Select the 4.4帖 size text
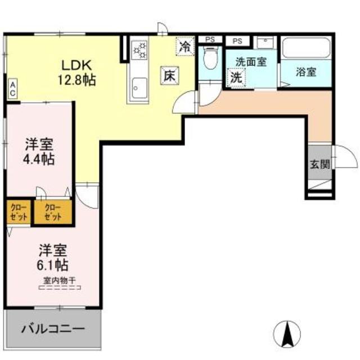pyautogui.click(x=39, y=159)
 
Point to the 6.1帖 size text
pyautogui.click(x=53, y=263)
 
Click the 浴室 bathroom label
pyautogui.click(x=306, y=73)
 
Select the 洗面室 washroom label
pyautogui.click(x=250, y=62)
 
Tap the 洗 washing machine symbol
pyautogui.click(x=236, y=78)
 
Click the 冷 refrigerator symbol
pyautogui.click(x=184, y=47)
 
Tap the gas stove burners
pyautogui.click(x=139, y=51)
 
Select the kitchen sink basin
pyautogui.click(x=139, y=88)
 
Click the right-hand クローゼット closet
pyautogui.click(x=53, y=211)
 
